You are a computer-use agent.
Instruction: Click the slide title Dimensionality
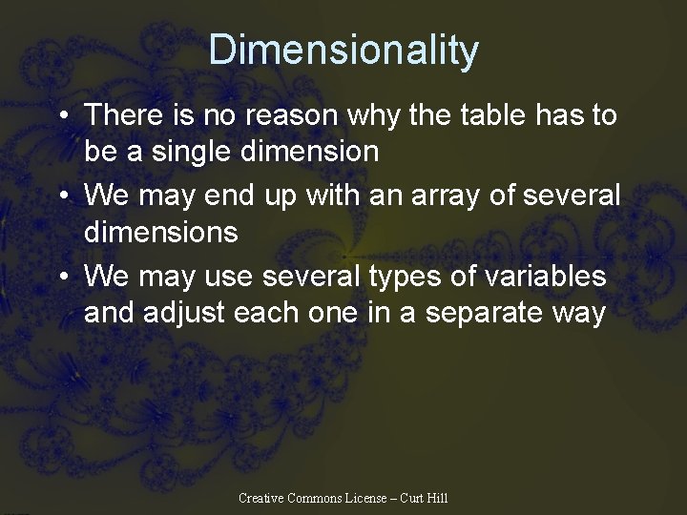[343, 50]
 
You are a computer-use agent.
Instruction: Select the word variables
[544, 276]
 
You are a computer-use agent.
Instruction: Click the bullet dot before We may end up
[62, 197]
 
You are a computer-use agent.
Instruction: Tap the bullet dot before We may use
[62, 278]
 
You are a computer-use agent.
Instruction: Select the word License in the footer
[365, 498]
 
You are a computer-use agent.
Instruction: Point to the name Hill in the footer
[437, 498]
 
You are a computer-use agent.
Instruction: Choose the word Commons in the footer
[313, 498]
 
